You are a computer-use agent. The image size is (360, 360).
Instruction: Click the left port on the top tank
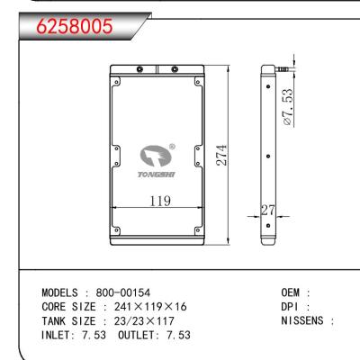point(139,69)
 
